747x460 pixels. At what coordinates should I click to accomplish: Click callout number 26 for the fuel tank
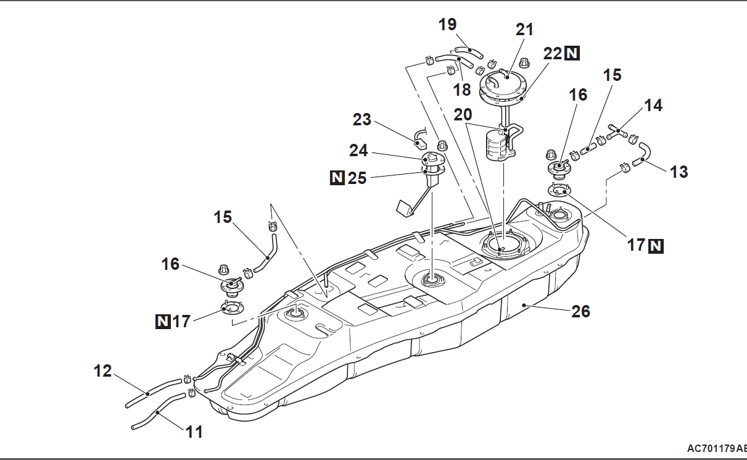[x=580, y=312]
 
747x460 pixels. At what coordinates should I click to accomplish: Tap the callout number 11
[x=195, y=432]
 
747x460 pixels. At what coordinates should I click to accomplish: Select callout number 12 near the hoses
[x=103, y=371]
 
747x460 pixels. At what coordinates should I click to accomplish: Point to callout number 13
[x=679, y=172]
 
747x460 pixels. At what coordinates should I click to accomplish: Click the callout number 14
[x=653, y=106]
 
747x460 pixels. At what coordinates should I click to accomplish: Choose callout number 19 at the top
[x=448, y=24]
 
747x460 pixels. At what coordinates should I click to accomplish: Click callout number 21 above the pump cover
[x=524, y=29]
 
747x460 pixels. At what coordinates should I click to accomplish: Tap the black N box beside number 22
[x=572, y=53]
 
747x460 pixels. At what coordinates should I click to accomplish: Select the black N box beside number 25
[x=337, y=178]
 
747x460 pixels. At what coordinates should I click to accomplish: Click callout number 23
[x=362, y=119]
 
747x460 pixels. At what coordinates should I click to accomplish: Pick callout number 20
[x=463, y=115]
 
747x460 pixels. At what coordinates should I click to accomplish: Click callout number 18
[x=462, y=89]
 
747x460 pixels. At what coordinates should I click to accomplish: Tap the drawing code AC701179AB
[x=717, y=448]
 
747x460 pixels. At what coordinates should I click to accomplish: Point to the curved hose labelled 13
[x=645, y=154]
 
